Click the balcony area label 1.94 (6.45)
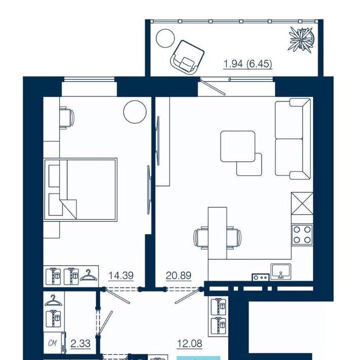pyautogui.click(x=247, y=64)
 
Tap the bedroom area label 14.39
pyautogui.click(x=121, y=275)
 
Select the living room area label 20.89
pyautogui.click(x=178, y=275)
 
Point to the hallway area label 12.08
pyautogui.click(x=190, y=343)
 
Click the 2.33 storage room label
pyautogui.click(x=80, y=343)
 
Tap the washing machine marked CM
pyautogui.click(x=55, y=343)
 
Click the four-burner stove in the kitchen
pyautogui.click(x=302, y=234)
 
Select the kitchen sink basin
pyautogui.click(x=281, y=272)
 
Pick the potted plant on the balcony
pyautogui.click(x=301, y=39)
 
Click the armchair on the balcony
pyautogui.click(x=187, y=57)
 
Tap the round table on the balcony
pyautogui.click(x=165, y=39)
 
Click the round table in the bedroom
pyautogui.click(x=135, y=112)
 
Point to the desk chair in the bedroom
pyautogui.click(x=67, y=118)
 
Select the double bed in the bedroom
pyautogui.click(x=80, y=190)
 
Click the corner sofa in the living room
pyautogui.click(x=293, y=139)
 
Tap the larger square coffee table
pyautogui.click(x=238, y=146)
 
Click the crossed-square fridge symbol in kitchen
pyautogui.click(x=302, y=203)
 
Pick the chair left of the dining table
pyautogui.click(x=201, y=238)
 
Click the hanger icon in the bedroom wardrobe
pyautogui.click(x=88, y=275)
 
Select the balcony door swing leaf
pyautogui.click(x=213, y=87)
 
